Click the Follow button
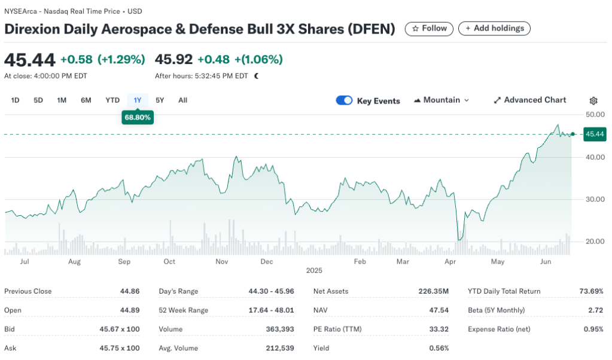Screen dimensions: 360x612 pyautogui.click(x=429, y=28)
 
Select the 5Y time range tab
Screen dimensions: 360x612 pyautogui.click(x=160, y=100)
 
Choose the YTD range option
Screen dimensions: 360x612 pyautogui.click(x=112, y=100)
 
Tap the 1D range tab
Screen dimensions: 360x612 pyautogui.click(x=16, y=100)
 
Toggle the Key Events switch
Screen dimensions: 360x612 pyautogui.click(x=345, y=100)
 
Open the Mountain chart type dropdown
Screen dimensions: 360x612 pyautogui.click(x=442, y=100)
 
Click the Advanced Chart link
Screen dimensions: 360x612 pyautogui.click(x=530, y=100)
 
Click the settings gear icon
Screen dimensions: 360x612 pyautogui.click(x=593, y=101)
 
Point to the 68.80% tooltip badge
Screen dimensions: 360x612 pyautogui.click(x=138, y=118)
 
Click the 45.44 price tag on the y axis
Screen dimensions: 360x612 pyautogui.click(x=595, y=135)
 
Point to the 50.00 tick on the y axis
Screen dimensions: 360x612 pyautogui.click(x=595, y=114)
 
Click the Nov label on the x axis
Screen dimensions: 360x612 pyautogui.click(x=222, y=262)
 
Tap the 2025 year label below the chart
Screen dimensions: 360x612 pyautogui.click(x=314, y=270)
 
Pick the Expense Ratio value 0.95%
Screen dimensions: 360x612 pyautogui.click(x=594, y=329)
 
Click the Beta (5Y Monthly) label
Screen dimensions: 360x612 pyautogui.click(x=496, y=310)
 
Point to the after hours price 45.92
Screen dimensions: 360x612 pyautogui.click(x=173, y=59)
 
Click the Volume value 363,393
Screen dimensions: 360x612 pyautogui.click(x=279, y=329)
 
